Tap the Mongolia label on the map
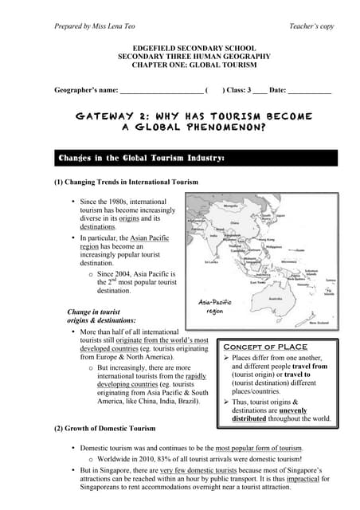pos(231,204)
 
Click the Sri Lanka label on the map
pos(212,261)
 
